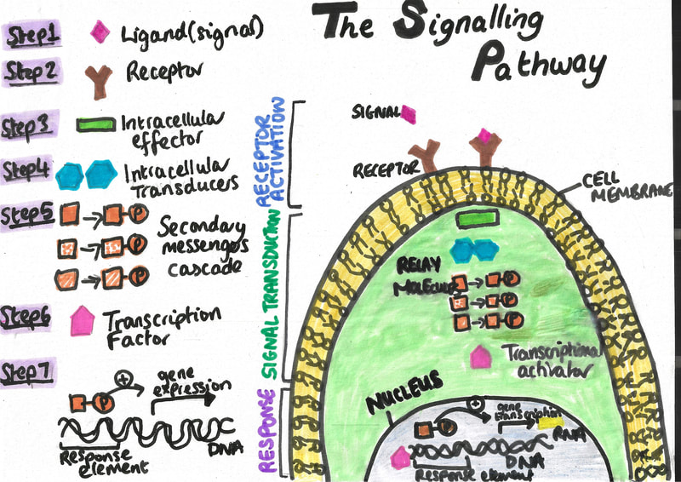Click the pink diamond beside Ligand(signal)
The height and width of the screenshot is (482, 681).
click(x=100, y=32)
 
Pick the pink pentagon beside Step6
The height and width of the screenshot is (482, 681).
click(x=83, y=320)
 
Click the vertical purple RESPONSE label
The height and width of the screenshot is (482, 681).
click(x=265, y=430)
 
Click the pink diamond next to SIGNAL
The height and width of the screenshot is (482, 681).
click(x=407, y=114)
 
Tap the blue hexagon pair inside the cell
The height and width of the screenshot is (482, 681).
click(x=473, y=250)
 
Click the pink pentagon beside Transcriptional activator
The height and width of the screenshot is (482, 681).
click(x=481, y=358)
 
